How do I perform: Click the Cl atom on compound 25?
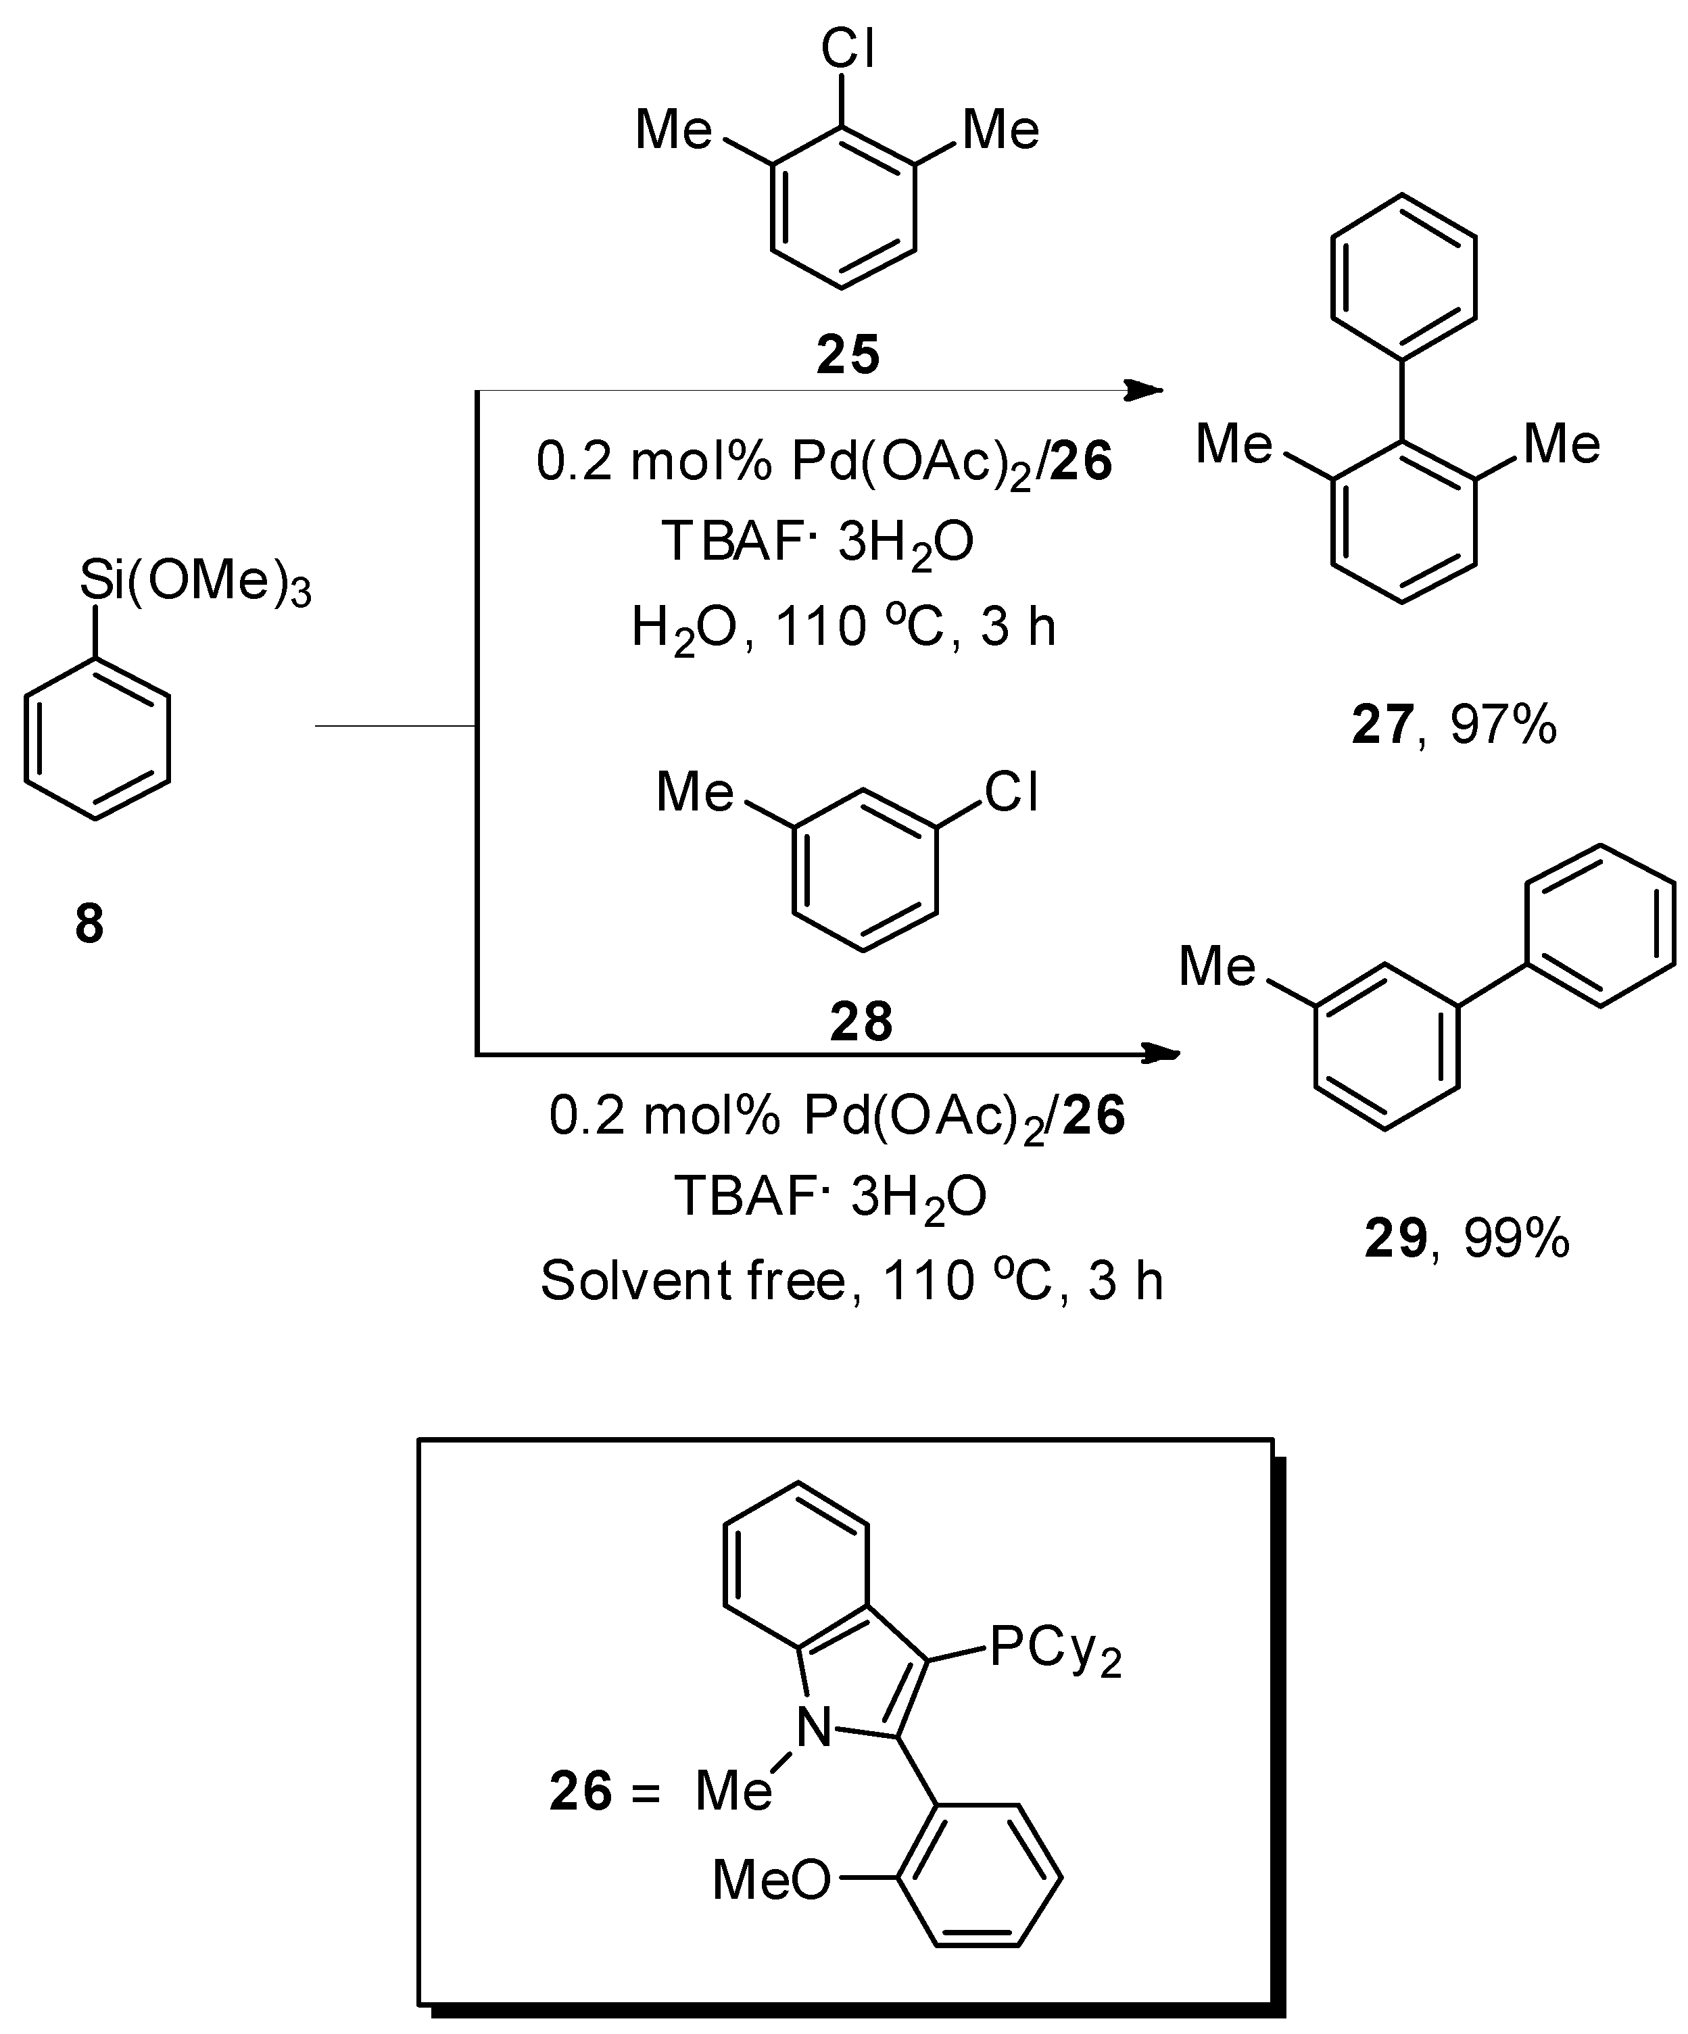pyautogui.click(x=848, y=49)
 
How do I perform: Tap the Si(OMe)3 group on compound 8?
pyautogui.click(x=195, y=582)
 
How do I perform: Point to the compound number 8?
pyautogui.click(x=89, y=924)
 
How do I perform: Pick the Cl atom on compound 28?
pyautogui.click(x=1011, y=792)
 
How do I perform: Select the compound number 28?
pyautogui.click(x=861, y=1022)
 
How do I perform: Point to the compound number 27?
pyautogui.click(x=1382, y=725)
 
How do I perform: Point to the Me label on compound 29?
pyautogui.click(x=1217, y=967)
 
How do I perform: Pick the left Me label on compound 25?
pyautogui.click(x=674, y=130)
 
